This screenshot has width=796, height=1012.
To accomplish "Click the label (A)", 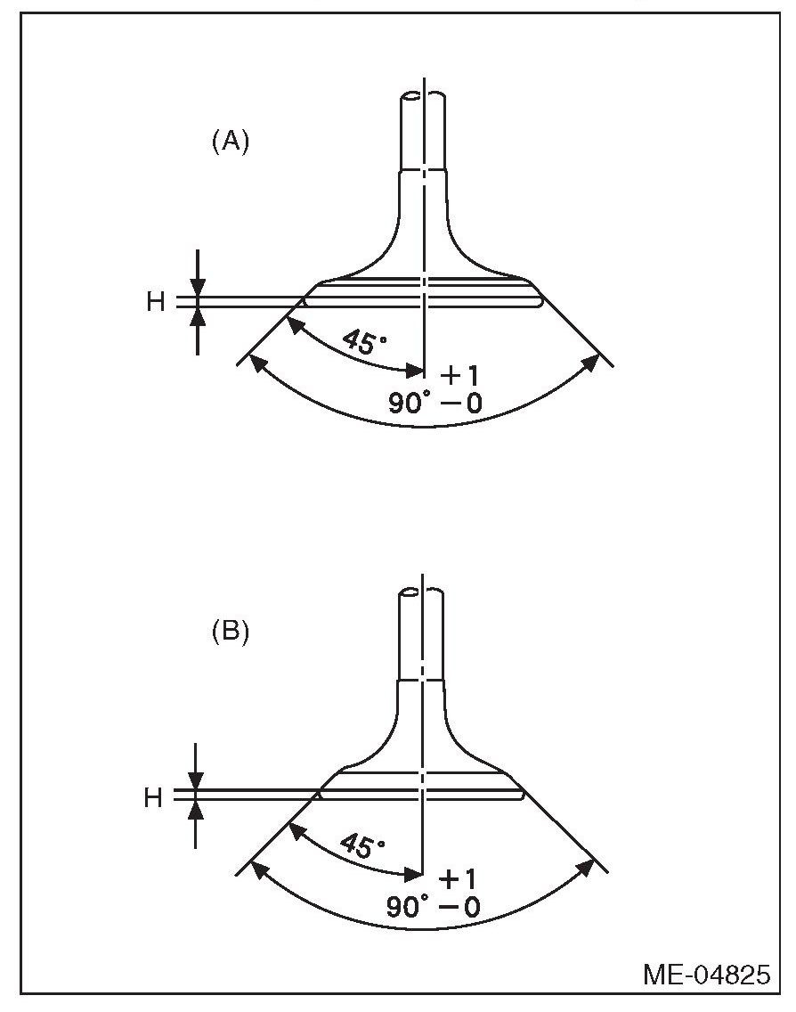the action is [230, 142].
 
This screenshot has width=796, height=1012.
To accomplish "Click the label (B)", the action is [230, 633].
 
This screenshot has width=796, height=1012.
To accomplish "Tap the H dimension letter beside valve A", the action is [156, 302].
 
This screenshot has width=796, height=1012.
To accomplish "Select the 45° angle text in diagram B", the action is [361, 843].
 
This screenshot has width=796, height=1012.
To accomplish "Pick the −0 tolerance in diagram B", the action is [459, 908].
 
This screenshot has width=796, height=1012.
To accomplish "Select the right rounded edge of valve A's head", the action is [540, 302].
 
